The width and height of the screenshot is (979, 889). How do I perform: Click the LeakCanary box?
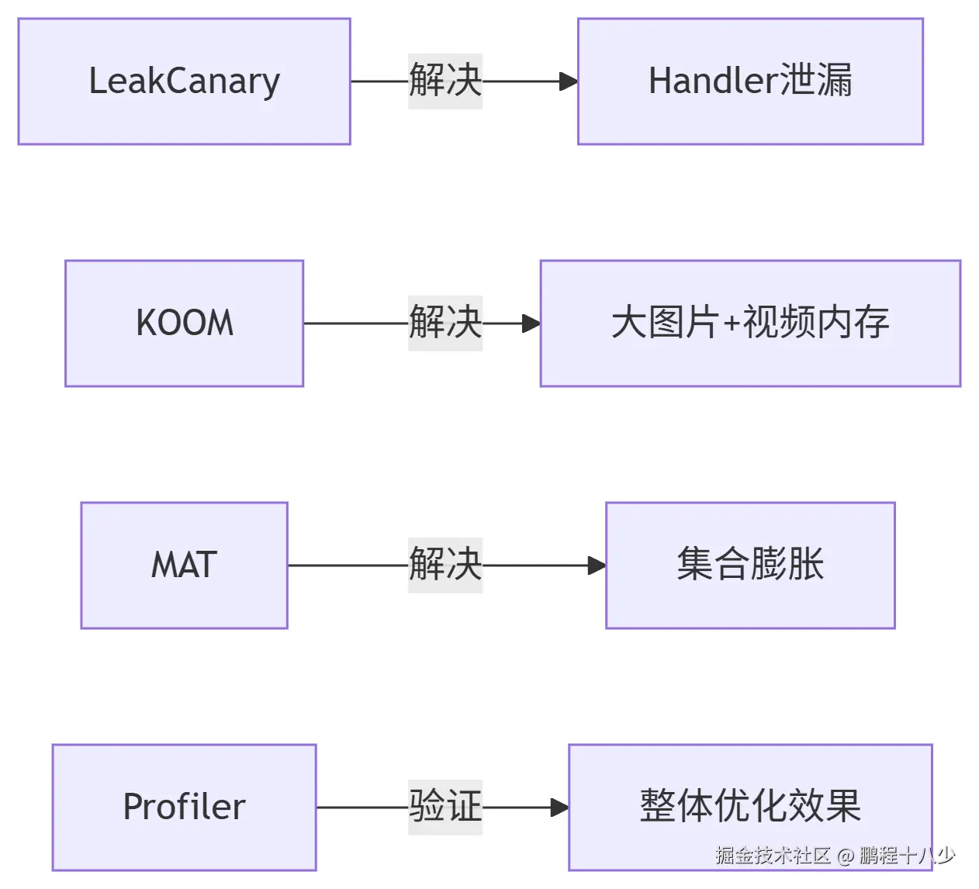(x=185, y=81)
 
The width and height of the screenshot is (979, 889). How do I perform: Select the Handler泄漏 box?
(x=750, y=81)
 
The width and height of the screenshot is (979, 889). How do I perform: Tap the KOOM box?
(x=185, y=323)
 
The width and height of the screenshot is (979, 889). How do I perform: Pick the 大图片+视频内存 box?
(x=750, y=323)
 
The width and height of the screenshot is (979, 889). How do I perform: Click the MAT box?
(x=185, y=566)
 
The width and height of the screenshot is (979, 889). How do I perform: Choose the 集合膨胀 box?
(x=750, y=566)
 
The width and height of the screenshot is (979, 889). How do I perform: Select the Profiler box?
(x=185, y=808)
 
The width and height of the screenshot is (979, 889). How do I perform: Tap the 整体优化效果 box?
(x=750, y=808)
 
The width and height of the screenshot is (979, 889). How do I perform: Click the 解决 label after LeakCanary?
(x=445, y=81)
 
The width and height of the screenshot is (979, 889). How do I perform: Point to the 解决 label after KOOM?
(x=445, y=323)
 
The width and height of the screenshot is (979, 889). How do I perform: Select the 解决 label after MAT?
(x=445, y=566)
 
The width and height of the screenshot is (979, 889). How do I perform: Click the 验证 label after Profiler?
(x=445, y=808)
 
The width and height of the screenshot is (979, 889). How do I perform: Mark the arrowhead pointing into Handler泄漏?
(x=569, y=81)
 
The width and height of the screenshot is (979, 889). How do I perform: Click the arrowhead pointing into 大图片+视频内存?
(x=531, y=323)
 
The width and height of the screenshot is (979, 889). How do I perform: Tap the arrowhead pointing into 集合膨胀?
(x=597, y=566)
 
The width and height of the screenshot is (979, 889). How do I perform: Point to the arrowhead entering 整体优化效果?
(x=559, y=808)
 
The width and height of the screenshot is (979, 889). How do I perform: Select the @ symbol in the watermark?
(x=845, y=856)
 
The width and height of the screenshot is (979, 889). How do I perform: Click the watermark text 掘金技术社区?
(x=773, y=856)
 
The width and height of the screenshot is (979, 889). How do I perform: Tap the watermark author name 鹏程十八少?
(x=907, y=856)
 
